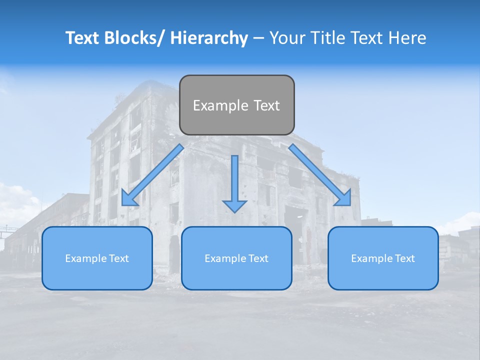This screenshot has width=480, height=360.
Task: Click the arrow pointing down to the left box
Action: (x=152, y=175)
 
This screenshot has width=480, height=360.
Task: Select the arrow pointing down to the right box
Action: (x=320, y=175)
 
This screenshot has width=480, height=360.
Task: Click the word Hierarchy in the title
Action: (x=209, y=38)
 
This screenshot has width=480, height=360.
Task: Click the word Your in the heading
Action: (x=287, y=38)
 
